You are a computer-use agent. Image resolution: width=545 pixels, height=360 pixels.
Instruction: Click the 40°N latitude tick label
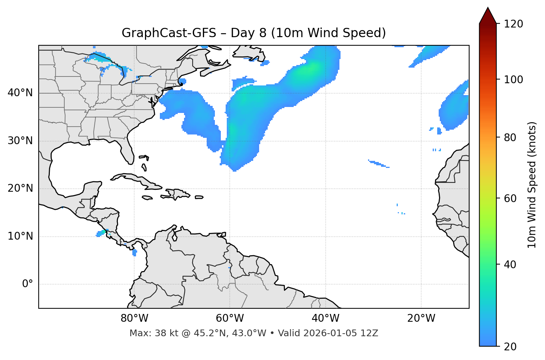point(20,93)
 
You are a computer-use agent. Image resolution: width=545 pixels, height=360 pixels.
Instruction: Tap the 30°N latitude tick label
point(20,141)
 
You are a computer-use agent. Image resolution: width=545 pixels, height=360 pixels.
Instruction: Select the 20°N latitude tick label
point(20,189)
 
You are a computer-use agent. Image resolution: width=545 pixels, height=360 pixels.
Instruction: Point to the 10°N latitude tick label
point(20,236)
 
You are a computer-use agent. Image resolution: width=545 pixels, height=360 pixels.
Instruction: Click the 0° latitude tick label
point(28,284)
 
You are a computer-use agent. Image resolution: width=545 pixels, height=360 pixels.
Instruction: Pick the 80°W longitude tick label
point(134,318)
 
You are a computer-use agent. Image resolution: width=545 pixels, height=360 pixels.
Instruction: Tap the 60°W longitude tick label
point(230,318)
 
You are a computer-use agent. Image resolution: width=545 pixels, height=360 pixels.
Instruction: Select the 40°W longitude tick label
point(325,318)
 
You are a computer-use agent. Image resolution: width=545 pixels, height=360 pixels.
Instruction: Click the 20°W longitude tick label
point(421,318)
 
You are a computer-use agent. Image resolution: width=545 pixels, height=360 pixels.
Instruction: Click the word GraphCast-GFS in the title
point(169,33)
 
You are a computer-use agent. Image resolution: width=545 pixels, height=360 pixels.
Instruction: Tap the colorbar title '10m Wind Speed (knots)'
point(532,185)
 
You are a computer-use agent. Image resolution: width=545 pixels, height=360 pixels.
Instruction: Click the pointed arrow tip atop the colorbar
point(488,9)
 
